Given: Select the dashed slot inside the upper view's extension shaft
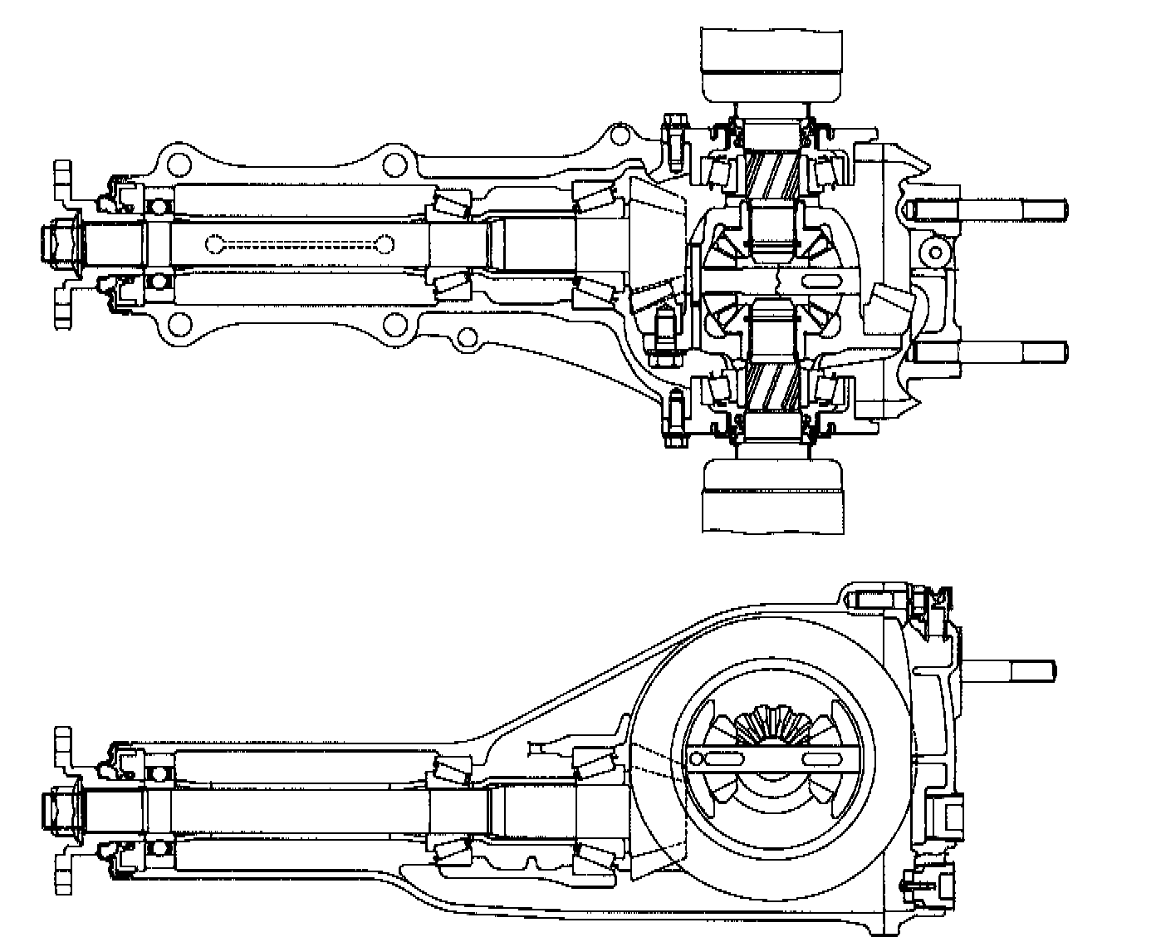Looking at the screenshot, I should coord(299,244).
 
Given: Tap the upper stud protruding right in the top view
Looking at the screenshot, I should coord(988,209).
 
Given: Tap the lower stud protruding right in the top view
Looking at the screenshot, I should coord(988,351).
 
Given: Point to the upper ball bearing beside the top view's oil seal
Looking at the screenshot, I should coord(158,204).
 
